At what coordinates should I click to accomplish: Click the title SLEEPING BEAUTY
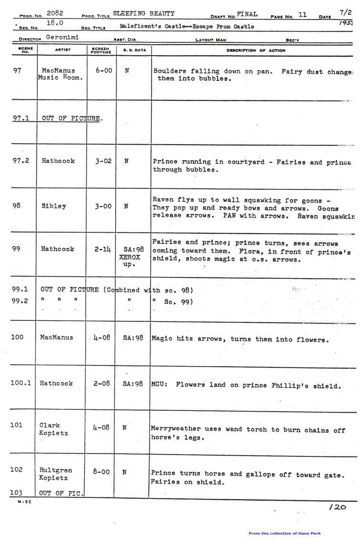point(144,14)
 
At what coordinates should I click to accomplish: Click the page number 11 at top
point(303,15)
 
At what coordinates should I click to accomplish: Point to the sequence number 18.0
point(55,23)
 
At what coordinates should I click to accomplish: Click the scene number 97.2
point(21,161)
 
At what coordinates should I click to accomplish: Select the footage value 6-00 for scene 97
point(104,70)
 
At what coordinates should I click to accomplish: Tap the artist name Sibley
point(54,206)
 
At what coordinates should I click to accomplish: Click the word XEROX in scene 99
point(130,257)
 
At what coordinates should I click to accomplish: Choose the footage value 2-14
point(102,249)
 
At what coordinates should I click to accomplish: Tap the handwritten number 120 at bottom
point(338,507)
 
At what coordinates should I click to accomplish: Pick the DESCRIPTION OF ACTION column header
point(256,50)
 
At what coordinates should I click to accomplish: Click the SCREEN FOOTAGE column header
point(101,50)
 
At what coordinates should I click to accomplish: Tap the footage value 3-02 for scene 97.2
point(103,161)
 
